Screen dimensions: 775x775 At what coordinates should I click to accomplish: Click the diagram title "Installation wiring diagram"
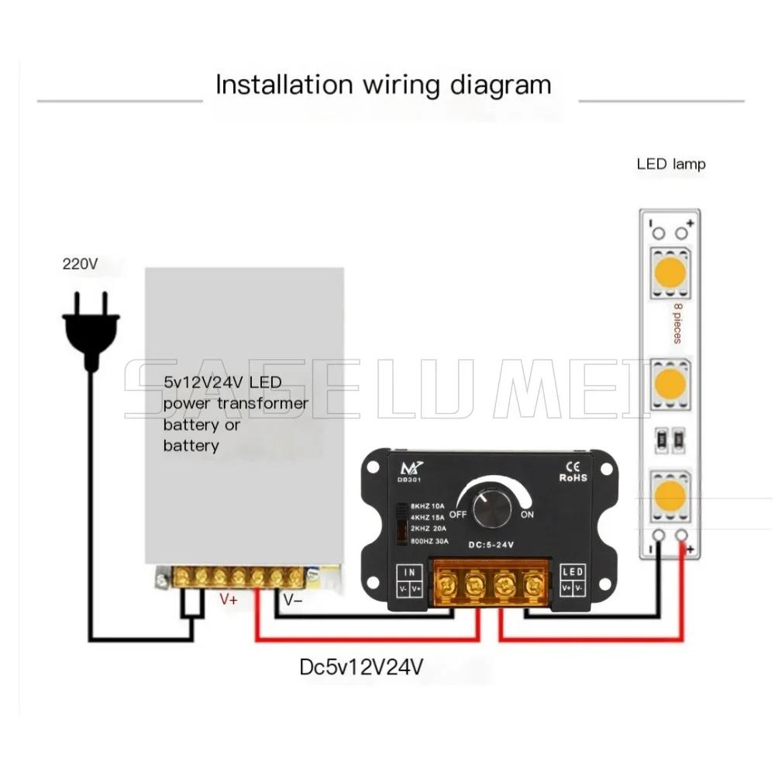click(x=383, y=84)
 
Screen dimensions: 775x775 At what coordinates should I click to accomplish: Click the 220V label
click(x=81, y=264)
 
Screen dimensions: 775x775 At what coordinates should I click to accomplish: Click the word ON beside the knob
click(x=528, y=515)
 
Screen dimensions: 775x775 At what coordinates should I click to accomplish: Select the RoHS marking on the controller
click(x=573, y=477)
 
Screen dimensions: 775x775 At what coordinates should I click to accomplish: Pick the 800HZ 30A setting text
click(x=430, y=540)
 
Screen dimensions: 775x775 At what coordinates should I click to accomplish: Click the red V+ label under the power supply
click(x=229, y=599)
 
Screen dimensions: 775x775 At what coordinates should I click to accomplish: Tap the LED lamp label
click(x=671, y=164)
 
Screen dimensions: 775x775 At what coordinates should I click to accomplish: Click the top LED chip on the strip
click(x=670, y=271)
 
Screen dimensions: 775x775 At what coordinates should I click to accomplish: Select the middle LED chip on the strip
click(x=670, y=383)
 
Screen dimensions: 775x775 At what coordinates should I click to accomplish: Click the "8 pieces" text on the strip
click(x=677, y=324)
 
